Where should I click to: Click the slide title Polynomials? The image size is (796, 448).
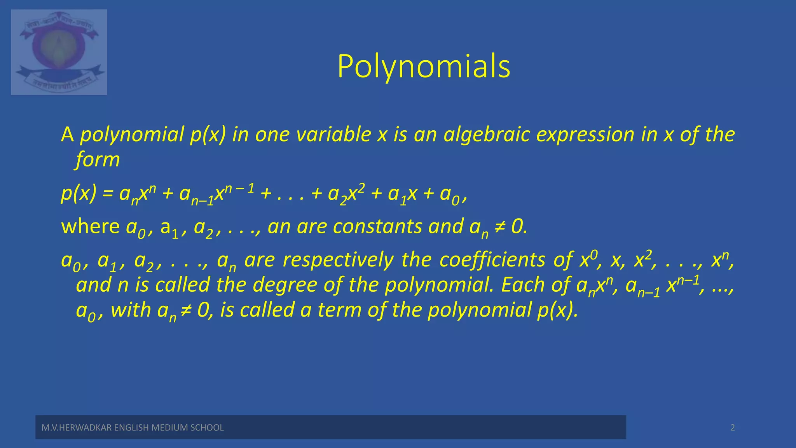coord(424,67)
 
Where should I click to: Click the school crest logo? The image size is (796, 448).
coord(59,52)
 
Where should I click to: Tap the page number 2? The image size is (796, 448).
coord(732,428)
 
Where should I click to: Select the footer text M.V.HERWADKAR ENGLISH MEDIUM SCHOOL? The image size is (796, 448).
coord(133,428)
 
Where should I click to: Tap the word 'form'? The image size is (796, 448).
coord(98,159)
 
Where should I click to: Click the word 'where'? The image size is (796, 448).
coord(90,226)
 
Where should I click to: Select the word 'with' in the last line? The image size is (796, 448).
coord(131,310)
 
